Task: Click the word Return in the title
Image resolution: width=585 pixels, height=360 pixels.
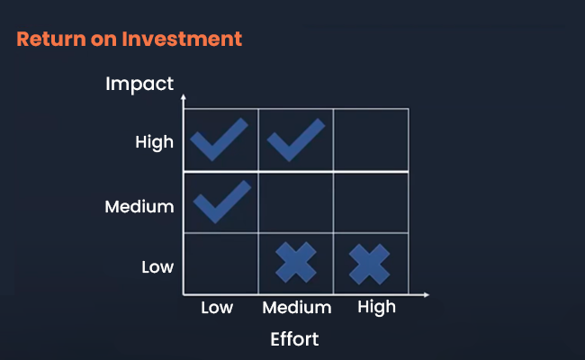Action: click(51, 40)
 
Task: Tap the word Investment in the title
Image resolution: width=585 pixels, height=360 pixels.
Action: click(182, 40)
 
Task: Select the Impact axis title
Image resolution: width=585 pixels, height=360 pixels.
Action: click(139, 85)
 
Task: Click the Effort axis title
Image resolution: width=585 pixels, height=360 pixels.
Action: click(294, 339)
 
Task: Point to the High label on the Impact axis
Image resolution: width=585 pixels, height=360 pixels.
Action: click(155, 142)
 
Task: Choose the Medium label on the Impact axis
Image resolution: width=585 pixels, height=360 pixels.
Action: click(139, 207)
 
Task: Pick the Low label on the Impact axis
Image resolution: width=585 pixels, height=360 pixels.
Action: click(157, 267)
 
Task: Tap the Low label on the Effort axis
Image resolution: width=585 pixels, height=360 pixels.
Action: click(217, 308)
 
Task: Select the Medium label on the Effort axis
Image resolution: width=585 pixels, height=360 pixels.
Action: click(297, 308)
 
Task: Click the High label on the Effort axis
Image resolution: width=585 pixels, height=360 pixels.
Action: click(376, 308)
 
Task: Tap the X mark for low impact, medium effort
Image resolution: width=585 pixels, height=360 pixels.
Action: click(296, 262)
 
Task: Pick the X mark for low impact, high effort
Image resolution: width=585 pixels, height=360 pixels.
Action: click(369, 264)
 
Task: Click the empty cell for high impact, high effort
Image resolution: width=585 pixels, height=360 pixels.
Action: click(371, 139)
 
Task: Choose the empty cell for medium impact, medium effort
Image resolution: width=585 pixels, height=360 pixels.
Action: click(296, 202)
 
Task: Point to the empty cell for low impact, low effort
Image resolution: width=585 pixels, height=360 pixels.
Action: click(220, 264)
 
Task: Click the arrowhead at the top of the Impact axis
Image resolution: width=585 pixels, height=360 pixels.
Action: click(184, 97)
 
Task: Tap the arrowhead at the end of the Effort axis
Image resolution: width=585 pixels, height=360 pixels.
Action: click(427, 294)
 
